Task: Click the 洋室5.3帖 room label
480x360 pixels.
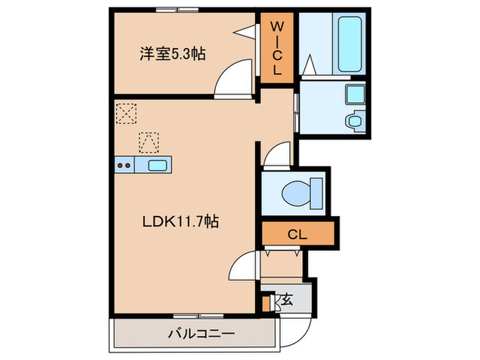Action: coord(173,53)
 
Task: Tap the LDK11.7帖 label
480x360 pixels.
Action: coord(180,221)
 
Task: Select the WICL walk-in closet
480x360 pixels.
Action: coord(277,48)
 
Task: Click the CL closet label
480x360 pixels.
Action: coord(296,234)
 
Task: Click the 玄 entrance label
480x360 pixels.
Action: coord(287,299)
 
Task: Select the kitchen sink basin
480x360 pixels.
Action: coord(157,165)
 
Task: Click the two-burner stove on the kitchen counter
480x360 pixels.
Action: coord(123,165)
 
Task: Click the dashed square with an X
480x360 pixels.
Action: coord(125,112)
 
